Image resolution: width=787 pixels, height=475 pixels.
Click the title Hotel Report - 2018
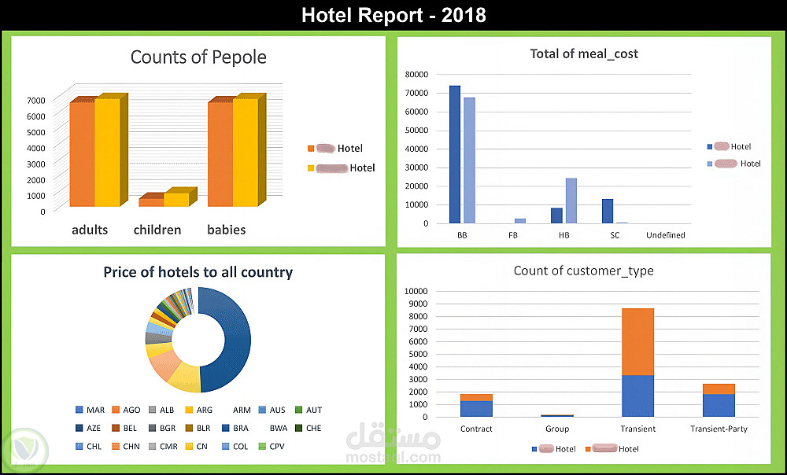(393, 15)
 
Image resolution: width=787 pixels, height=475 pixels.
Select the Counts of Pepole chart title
(198, 57)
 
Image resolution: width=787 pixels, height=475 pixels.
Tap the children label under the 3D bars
(157, 230)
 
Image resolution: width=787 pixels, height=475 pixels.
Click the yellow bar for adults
(107, 153)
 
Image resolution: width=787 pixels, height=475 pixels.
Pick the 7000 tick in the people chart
(36, 100)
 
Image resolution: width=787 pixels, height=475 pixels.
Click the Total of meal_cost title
(584, 54)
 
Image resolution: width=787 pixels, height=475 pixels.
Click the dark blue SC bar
(608, 211)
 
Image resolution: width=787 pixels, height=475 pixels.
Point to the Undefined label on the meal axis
(665, 235)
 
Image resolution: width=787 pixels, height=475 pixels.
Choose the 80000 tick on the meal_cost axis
(416, 74)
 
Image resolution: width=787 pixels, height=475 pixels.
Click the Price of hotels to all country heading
(198, 272)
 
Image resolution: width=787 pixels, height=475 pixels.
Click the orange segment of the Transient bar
(637, 341)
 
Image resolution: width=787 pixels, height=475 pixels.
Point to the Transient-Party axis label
(719, 429)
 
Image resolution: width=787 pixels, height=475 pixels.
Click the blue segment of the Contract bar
(476, 409)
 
